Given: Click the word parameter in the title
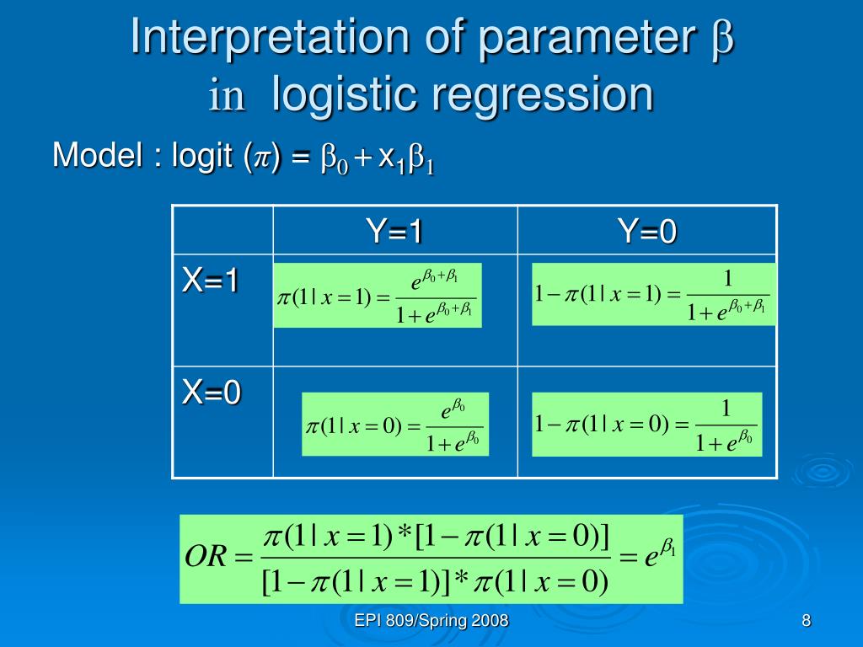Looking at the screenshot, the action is pyautogui.click(x=587, y=40).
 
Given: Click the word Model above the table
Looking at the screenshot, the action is pyautogui.click(x=98, y=155).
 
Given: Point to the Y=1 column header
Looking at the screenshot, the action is pyautogui.click(x=394, y=231).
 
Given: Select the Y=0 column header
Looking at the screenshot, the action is pyautogui.click(x=646, y=231).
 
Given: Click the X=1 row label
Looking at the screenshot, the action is pyautogui.click(x=210, y=281).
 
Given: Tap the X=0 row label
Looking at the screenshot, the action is pyautogui.click(x=212, y=393).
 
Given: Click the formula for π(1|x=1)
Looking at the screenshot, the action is pyautogui.click(x=378, y=296).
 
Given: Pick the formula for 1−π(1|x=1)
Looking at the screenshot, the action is pyautogui.click(x=654, y=294).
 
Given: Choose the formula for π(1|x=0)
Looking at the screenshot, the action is pyautogui.click(x=395, y=425).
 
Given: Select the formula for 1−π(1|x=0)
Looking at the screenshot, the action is pyautogui.click(x=646, y=425).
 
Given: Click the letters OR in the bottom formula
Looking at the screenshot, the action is pyautogui.click(x=206, y=556).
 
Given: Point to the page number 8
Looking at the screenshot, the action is pyautogui.click(x=807, y=621).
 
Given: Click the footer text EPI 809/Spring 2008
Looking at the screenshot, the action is pyautogui.click(x=431, y=621).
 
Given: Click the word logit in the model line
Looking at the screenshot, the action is pyautogui.click(x=202, y=156).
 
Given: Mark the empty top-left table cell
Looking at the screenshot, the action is pyautogui.click(x=222, y=230).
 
